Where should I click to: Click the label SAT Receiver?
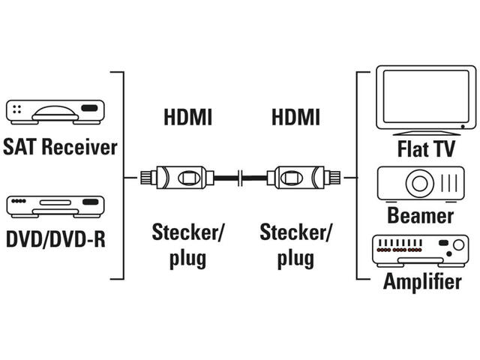60,146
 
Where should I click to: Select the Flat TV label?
426,148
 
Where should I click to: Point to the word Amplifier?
421,282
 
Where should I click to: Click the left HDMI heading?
187,118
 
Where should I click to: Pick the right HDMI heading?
295,118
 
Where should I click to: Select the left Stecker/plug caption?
187,244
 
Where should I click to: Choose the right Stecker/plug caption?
295,244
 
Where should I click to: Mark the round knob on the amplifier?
454,245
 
